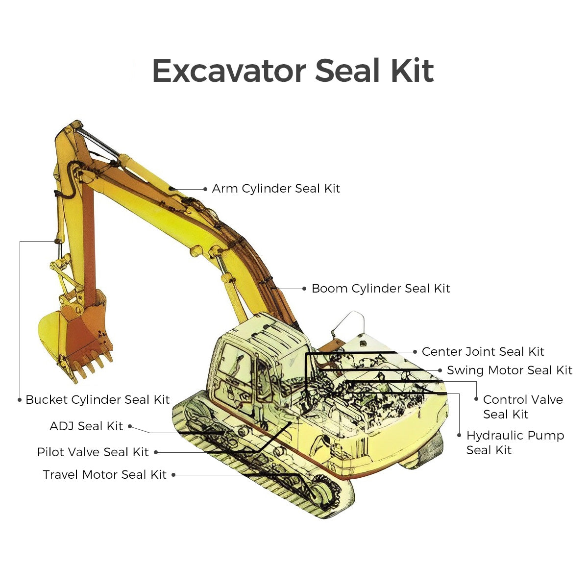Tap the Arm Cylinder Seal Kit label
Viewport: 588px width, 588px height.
pos(276,189)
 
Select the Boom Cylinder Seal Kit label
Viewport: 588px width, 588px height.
pos(381,289)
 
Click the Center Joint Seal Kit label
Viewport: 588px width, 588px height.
pos(483,352)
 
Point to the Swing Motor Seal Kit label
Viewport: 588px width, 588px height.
pos(509,370)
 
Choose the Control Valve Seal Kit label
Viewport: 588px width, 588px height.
pos(522,407)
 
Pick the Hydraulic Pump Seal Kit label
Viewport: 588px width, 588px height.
pos(514,443)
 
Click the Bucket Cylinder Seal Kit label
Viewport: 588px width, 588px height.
pos(98,400)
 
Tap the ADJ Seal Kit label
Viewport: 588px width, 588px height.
pos(86,426)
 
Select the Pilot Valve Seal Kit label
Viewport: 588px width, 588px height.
pos(93,452)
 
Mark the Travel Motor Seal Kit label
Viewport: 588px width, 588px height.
pos(104,475)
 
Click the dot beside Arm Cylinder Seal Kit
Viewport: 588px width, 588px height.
pos(205,189)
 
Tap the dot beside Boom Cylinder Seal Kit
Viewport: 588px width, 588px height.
pos(305,289)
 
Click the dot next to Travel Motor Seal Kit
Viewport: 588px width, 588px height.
pos(173,475)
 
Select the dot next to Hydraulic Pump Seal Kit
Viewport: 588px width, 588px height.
pos(459,435)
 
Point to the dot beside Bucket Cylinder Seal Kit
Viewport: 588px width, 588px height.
pos(20,400)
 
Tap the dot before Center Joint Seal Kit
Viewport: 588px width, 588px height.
pos(415,352)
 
